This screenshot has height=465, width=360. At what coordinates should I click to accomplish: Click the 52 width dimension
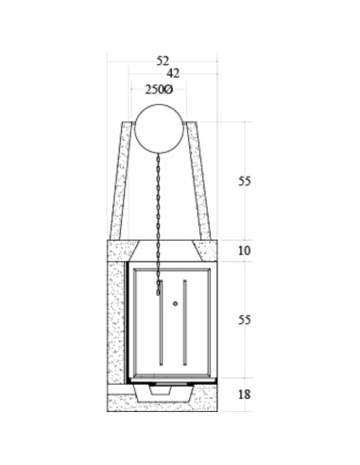point(163,60)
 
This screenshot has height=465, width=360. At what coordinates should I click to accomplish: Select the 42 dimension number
point(173,73)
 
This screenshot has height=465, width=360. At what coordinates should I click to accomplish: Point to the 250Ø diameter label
point(159,90)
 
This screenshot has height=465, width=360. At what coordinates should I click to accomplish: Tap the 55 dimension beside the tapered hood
point(245,181)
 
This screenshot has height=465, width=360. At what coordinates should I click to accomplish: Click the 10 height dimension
point(245,250)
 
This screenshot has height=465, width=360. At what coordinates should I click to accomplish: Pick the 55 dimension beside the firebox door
point(245,319)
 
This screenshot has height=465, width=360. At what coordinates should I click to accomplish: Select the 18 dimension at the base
point(245,394)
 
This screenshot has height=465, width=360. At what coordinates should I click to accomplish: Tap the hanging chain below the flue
point(158,224)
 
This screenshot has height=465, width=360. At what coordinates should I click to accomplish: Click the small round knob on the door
point(176,303)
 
